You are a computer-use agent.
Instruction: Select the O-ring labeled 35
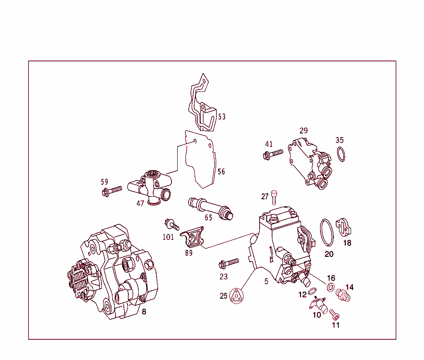[x=341, y=154]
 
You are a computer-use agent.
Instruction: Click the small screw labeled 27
[x=274, y=198]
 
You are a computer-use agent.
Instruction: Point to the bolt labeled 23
[x=228, y=262]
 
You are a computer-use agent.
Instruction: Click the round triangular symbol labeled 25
[x=236, y=296]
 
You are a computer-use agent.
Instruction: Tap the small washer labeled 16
[x=331, y=287]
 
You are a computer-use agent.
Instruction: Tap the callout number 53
[x=222, y=116]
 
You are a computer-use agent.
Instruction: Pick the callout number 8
[x=144, y=312]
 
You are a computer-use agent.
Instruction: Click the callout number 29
[x=304, y=130]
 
